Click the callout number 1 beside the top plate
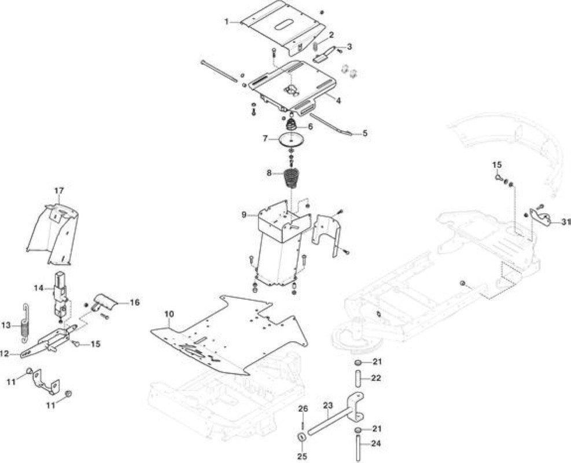pyautogui.click(x=227, y=22)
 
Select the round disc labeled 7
pyautogui.click(x=292, y=140)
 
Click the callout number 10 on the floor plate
pyautogui.click(x=170, y=314)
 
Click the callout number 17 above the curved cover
pyautogui.click(x=59, y=190)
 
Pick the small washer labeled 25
pyautogui.click(x=302, y=437)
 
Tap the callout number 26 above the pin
pyautogui.click(x=303, y=409)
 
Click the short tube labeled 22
pyautogui.click(x=358, y=379)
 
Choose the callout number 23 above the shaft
pyautogui.click(x=328, y=405)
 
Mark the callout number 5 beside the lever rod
pyautogui.click(x=364, y=133)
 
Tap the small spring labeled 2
pyautogui.click(x=316, y=47)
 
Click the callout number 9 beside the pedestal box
pyautogui.click(x=244, y=215)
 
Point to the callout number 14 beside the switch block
pyautogui.click(x=39, y=288)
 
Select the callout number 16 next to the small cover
pyautogui.click(x=134, y=302)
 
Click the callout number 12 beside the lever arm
pyautogui.click(x=5, y=354)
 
